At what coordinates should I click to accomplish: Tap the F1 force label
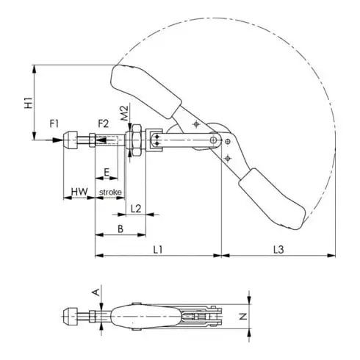54,123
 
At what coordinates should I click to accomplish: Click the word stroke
109,192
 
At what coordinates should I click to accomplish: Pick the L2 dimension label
136,209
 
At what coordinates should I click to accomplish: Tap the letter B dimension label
120,229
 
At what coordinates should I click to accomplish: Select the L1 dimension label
158,250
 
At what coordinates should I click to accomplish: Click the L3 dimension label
278,250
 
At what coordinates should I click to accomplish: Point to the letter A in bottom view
95,292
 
